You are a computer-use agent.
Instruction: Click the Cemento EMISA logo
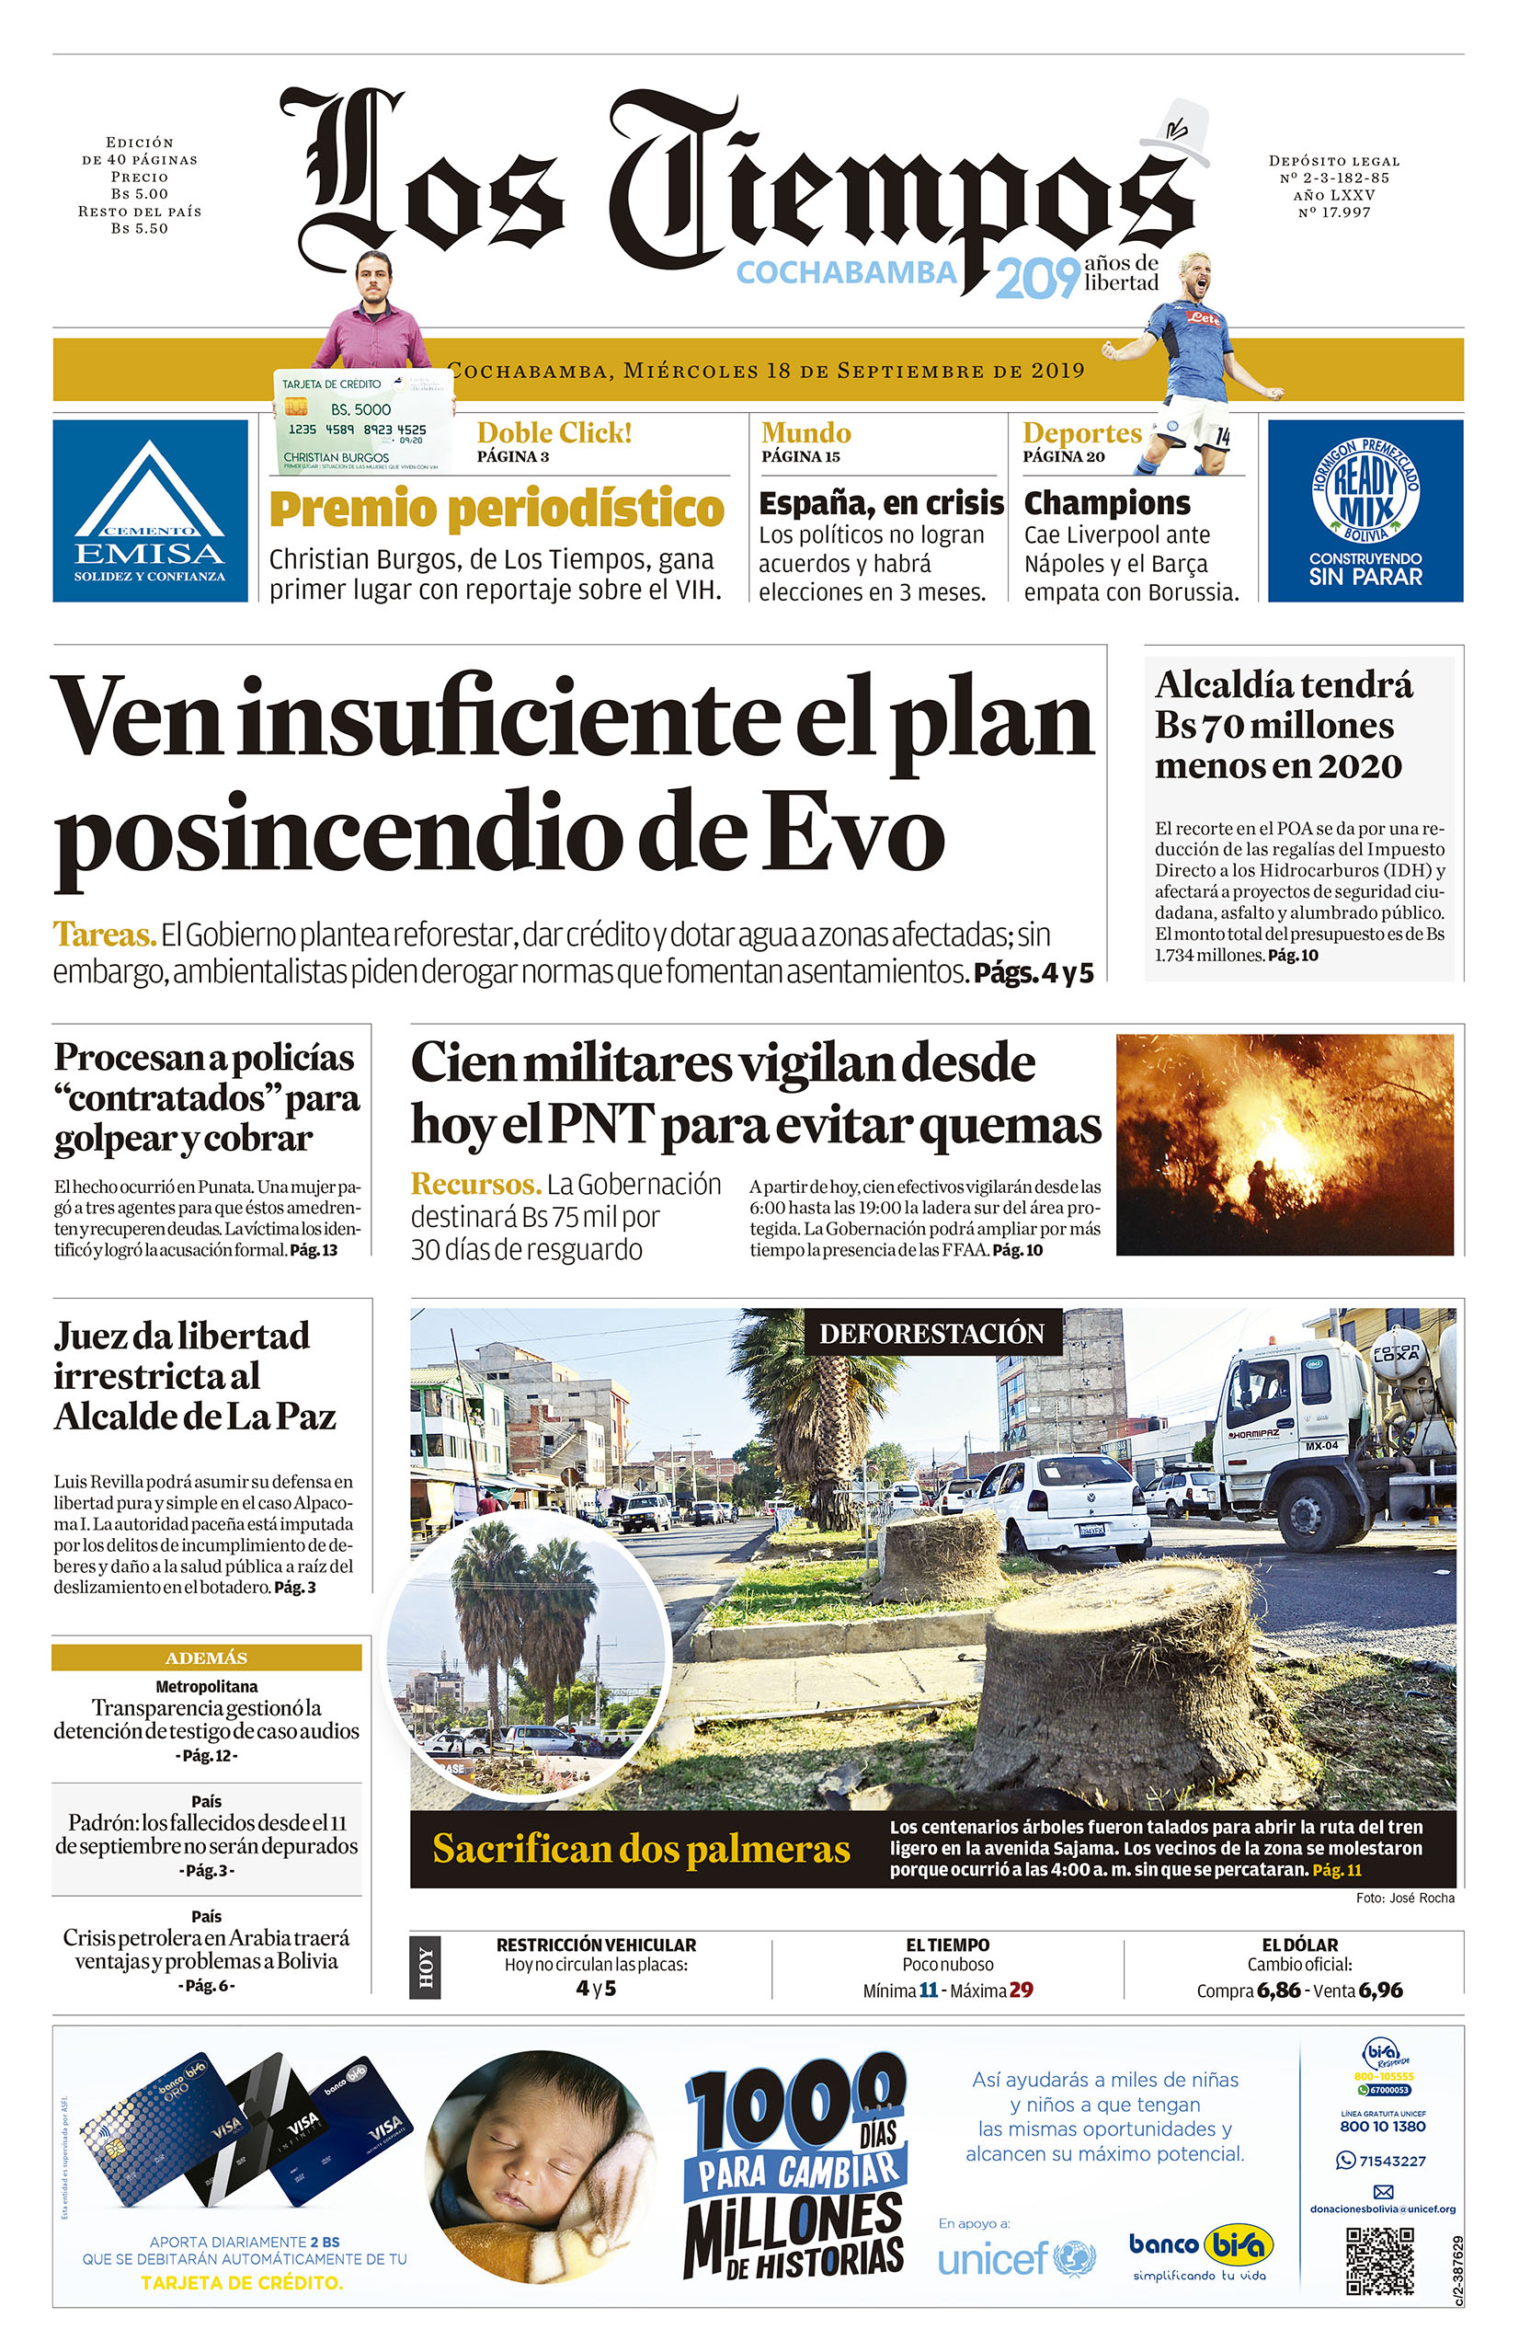tap(150, 511)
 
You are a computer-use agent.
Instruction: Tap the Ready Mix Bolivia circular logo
tap(1365, 490)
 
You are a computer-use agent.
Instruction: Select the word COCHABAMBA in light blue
tap(846, 272)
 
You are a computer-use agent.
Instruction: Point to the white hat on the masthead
tap(1178, 132)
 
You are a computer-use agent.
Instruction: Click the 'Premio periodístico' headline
tap(497, 509)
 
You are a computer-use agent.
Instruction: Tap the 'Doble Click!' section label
tap(554, 432)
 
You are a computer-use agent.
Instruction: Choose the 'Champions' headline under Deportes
tap(1107, 503)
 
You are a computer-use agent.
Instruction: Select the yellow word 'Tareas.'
tap(105, 934)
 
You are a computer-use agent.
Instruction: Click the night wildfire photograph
tap(1285, 1143)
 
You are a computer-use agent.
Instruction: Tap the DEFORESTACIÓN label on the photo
tap(931, 1333)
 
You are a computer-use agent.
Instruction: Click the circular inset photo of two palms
tap(529, 1646)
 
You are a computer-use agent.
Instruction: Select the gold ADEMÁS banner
tap(206, 1658)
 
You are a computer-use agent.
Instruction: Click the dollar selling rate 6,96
tap(1380, 1990)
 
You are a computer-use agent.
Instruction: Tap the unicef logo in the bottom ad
tap(1016, 2258)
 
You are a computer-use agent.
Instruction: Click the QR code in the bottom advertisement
tap(1379, 2259)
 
